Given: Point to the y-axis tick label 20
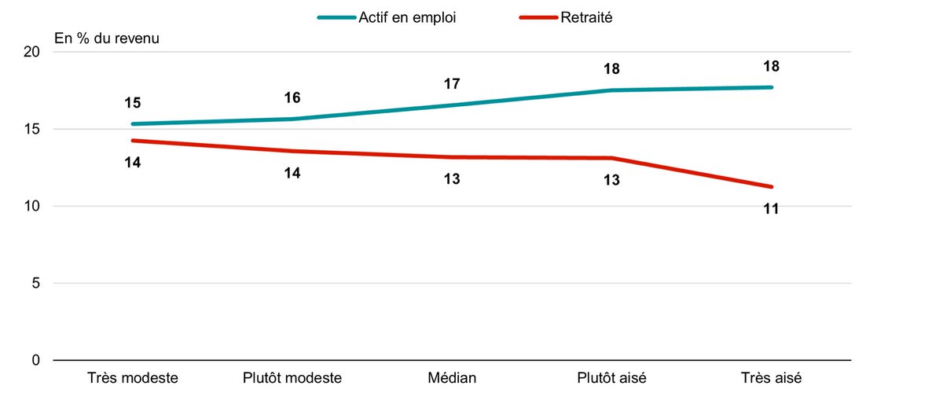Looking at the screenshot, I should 33,53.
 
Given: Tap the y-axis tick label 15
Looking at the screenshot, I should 33,130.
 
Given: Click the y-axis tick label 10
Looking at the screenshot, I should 33,207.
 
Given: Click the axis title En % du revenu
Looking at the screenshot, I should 107,38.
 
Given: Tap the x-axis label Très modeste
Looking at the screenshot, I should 132,378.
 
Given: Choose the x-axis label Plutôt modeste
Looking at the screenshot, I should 292,378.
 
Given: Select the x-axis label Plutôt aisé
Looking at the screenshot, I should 611,378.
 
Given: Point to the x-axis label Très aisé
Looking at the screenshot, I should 771,378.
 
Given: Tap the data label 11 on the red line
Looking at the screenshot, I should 771,209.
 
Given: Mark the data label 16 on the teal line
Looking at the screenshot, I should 292,98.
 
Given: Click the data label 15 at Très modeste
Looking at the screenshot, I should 132,103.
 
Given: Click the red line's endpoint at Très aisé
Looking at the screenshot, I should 771,187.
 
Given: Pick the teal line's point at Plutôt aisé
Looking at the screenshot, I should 611,90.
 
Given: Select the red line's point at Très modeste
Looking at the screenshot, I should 132,141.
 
